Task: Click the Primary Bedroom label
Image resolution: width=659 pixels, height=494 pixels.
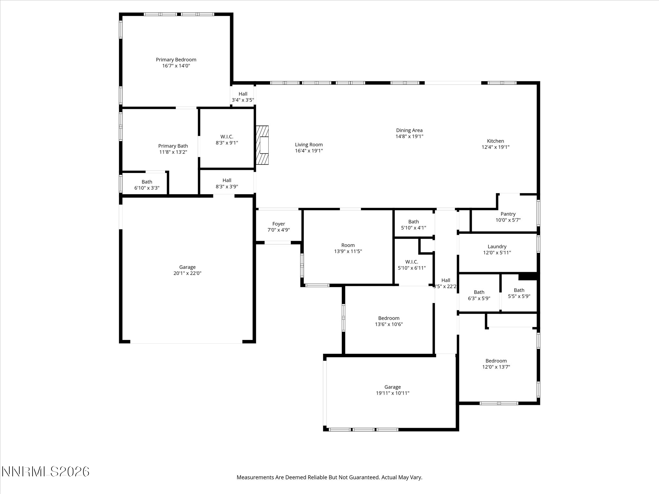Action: click(x=176, y=60)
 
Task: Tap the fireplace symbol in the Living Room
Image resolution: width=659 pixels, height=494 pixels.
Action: click(x=262, y=145)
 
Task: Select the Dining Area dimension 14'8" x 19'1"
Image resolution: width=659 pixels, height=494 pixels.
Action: click(x=409, y=136)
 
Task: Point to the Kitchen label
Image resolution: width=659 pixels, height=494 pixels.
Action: click(x=495, y=141)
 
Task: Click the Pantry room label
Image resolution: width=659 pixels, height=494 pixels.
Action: click(x=508, y=214)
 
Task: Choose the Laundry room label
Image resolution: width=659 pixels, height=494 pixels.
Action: click(x=497, y=247)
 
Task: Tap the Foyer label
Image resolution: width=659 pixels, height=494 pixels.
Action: click(x=278, y=224)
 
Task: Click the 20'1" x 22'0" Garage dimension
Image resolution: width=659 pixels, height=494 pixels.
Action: click(x=187, y=273)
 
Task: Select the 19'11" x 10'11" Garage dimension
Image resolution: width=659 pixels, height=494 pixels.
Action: click(x=392, y=393)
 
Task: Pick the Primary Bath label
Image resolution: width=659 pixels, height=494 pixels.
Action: click(x=173, y=146)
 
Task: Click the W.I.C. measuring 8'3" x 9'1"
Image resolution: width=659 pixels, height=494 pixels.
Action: click(x=227, y=140)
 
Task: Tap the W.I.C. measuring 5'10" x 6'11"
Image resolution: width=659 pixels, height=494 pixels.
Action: click(x=412, y=265)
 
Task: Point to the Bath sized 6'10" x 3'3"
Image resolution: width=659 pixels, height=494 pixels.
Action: click(x=147, y=185)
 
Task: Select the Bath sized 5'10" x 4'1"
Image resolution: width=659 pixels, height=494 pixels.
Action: click(x=413, y=225)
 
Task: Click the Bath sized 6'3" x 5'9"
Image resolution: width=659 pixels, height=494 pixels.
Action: click(x=479, y=295)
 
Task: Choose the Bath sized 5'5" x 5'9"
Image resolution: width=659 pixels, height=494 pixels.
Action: click(x=519, y=293)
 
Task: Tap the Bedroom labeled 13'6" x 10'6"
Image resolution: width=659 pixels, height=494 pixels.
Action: click(x=389, y=321)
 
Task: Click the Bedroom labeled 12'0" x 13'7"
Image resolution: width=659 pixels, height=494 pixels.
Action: click(x=496, y=364)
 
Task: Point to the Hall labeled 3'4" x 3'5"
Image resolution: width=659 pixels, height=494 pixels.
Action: click(x=243, y=97)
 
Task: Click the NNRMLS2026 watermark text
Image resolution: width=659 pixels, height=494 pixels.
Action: click(x=45, y=472)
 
